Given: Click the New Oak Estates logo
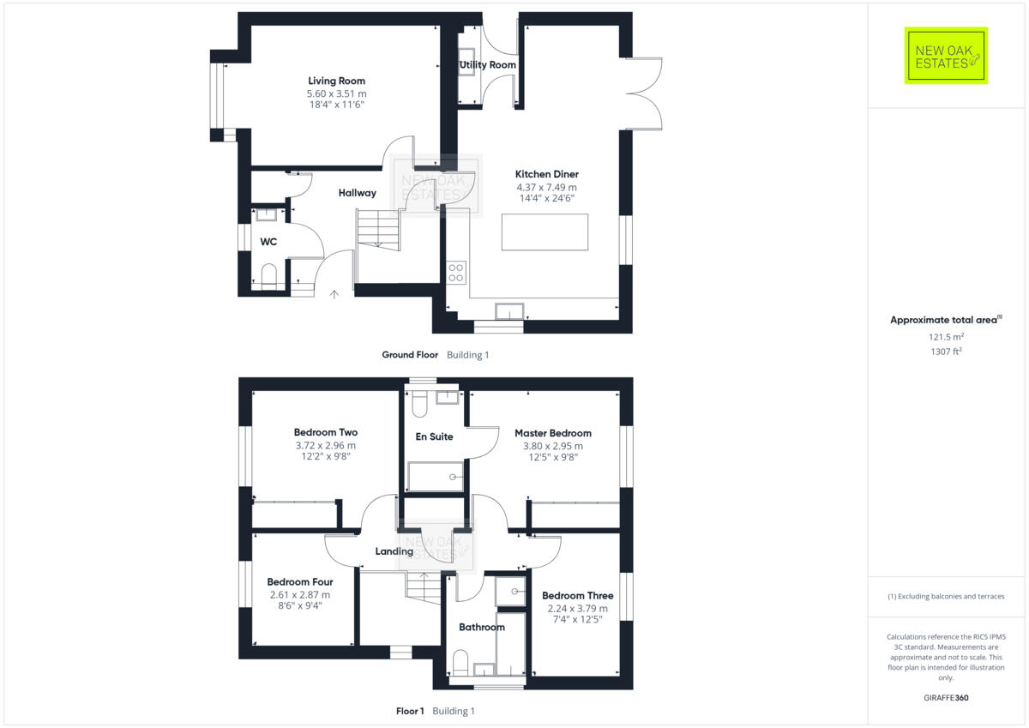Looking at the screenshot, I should pyautogui.click(x=946, y=56).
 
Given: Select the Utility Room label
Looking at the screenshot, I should pyautogui.click(x=487, y=65).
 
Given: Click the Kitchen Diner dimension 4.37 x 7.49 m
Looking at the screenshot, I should pyautogui.click(x=546, y=187).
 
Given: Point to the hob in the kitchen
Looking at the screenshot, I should pyautogui.click(x=456, y=272).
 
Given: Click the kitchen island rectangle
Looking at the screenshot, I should pyautogui.click(x=545, y=232).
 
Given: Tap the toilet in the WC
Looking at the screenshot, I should pyautogui.click(x=268, y=276).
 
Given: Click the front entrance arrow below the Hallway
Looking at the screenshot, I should pyautogui.click(x=334, y=294).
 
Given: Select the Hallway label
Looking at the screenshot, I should pyautogui.click(x=357, y=193).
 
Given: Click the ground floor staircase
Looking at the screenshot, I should pyautogui.click(x=377, y=229).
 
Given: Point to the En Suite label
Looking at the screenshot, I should pyautogui.click(x=434, y=437).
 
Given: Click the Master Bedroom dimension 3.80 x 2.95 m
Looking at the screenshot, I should pyautogui.click(x=552, y=446).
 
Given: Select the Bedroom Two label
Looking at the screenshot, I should pyautogui.click(x=325, y=433).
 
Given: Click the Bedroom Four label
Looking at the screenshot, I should pyautogui.click(x=299, y=582).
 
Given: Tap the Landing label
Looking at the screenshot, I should pyautogui.click(x=394, y=551).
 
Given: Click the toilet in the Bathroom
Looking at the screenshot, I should pyautogui.click(x=460, y=664).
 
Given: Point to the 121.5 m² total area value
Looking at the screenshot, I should pyautogui.click(x=946, y=337).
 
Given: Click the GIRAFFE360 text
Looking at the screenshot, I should pyautogui.click(x=946, y=698).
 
